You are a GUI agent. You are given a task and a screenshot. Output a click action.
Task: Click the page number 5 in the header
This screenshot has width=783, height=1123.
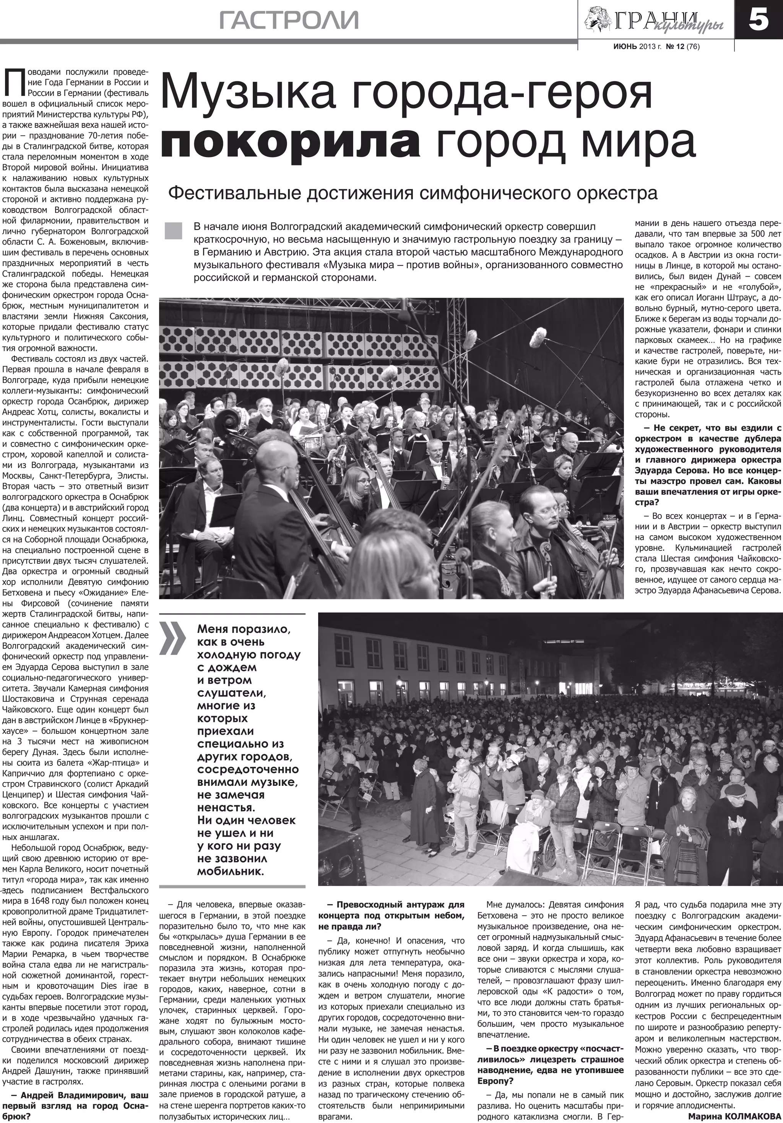(759, 21)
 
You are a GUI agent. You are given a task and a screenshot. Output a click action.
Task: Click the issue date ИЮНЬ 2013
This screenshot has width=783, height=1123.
(637, 47)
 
